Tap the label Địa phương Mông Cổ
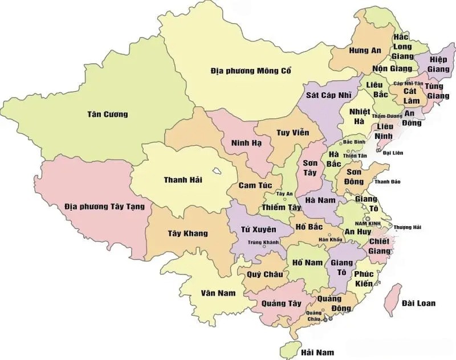(251, 71)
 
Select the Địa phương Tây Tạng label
(104, 206)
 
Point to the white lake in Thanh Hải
(217, 170)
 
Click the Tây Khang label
(188, 234)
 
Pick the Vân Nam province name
(218, 293)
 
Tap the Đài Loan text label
(418, 303)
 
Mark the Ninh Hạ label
(246, 142)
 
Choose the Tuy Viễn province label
(292, 133)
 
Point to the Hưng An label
(365, 51)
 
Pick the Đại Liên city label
(393, 153)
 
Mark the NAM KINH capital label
(367, 223)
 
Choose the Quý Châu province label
(264, 275)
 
